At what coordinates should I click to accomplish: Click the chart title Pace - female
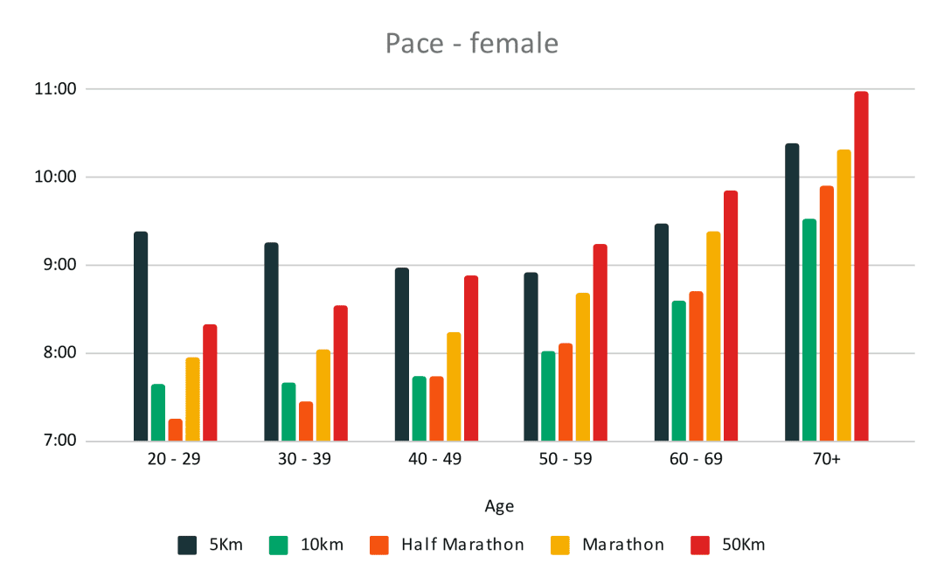[x=471, y=43]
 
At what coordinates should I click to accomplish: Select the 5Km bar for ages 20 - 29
[x=141, y=337]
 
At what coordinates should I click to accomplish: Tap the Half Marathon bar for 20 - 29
[x=176, y=430]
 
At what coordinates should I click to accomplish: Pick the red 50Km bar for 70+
[x=861, y=267]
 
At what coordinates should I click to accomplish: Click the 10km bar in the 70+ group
[x=809, y=330]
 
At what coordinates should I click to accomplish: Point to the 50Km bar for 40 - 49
[x=471, y=358]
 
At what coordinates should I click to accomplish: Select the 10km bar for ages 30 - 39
[x=288, y=412]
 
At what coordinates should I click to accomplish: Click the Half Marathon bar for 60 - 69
[x=696, y=366]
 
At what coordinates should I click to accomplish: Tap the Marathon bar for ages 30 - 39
[x=323, y=395]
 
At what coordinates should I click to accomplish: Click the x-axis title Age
[x=499, y=506]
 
